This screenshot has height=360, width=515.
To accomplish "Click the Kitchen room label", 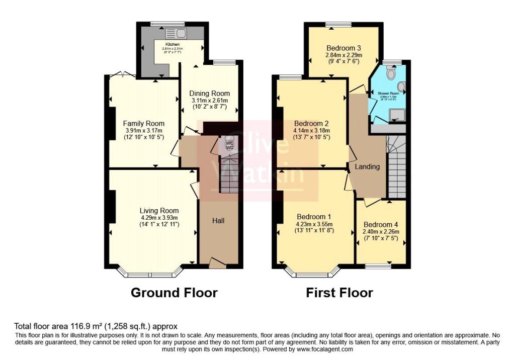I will click(173, 44).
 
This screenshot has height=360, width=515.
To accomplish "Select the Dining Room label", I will click(209, 94).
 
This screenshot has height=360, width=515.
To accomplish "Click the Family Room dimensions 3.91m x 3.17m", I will click(144, 131).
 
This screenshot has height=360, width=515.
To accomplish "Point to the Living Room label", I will click(159, 211).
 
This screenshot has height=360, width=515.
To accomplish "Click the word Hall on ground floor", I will click(218, 221).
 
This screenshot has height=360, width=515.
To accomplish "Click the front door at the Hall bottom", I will click(218, 262).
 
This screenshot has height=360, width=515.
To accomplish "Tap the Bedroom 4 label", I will click(381, 224).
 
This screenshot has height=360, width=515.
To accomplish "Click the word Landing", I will click(367, 166).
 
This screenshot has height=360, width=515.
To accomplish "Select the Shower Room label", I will click(388, 94).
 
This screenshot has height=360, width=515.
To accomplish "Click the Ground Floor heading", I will click(174, 293).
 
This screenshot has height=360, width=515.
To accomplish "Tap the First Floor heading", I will click(339, 293).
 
